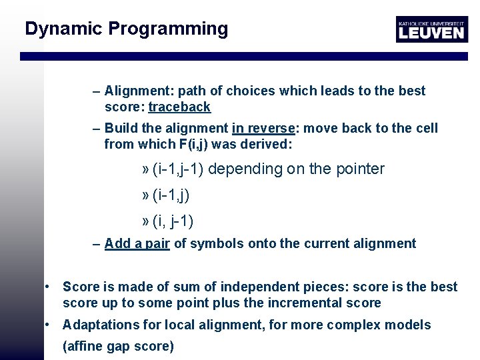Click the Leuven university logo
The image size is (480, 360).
431,29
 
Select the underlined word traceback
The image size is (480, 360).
179,107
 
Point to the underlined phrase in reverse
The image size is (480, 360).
263,128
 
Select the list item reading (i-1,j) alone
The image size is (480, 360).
171,195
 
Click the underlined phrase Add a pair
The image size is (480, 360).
137,243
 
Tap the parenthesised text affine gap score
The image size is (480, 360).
118,346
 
